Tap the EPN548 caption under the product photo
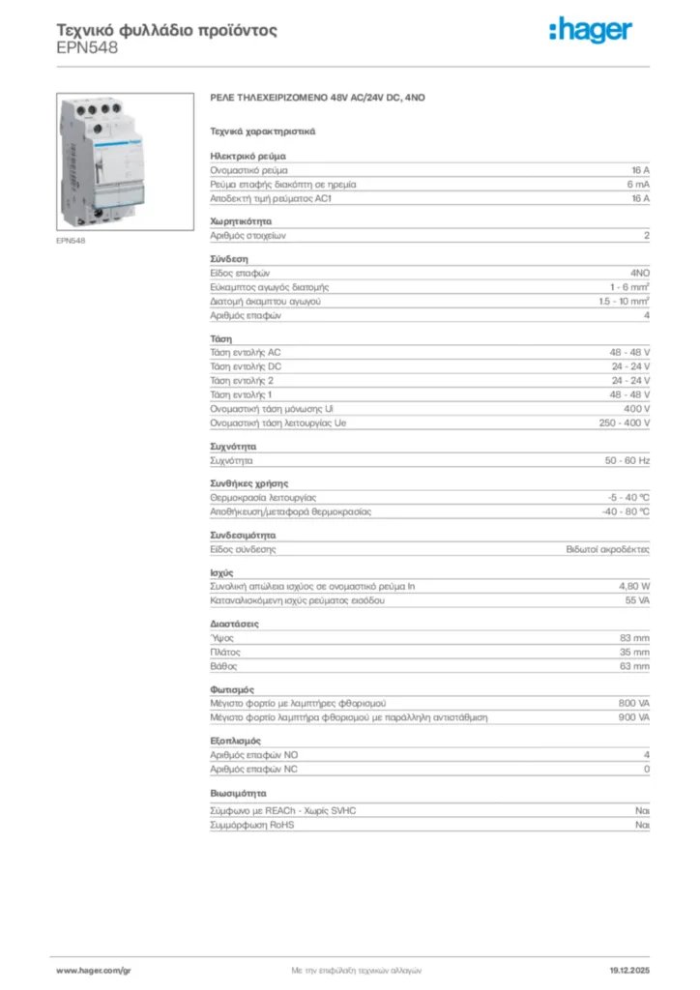(71, 241)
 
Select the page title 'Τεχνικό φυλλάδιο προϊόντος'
(167, 30)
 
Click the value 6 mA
(638, 184)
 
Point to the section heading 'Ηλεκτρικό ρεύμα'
(248, 156)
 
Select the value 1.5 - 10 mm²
(624, 302)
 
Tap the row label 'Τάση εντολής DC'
(246, 367)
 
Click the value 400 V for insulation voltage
(635, 409)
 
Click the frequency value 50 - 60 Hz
(627, 461)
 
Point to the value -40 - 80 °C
(626, 511)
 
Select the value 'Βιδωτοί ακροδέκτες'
(607, 549)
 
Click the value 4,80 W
(634, 587)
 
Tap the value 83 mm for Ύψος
(634, 638)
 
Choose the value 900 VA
(633, 717)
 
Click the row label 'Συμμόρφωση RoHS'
(252, 826)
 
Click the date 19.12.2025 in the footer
(629, 969)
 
